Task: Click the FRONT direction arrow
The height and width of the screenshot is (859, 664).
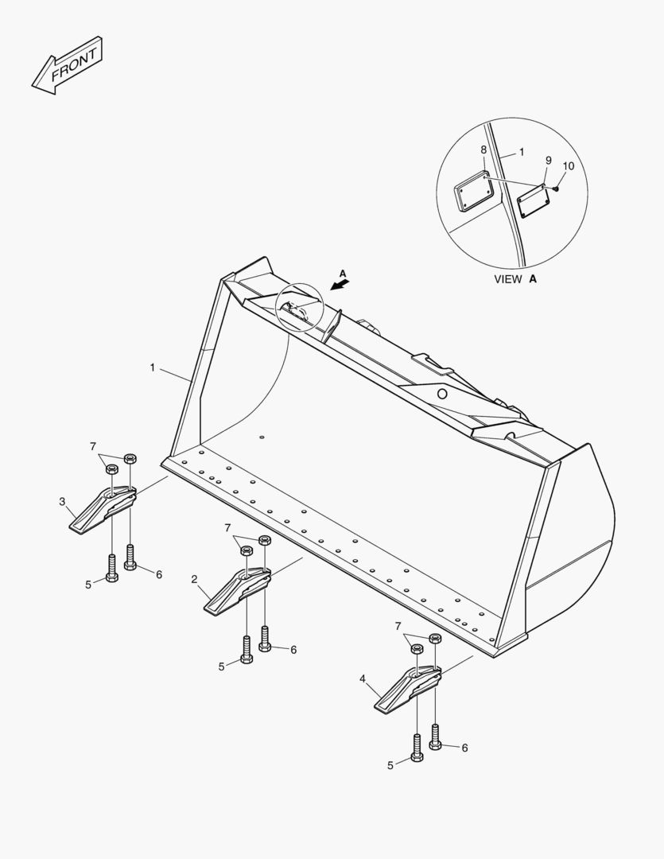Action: [x=67, y=66]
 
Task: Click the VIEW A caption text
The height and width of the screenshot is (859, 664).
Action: [x=515, y=279]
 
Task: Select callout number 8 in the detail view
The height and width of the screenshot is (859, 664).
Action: [x=483, y=150]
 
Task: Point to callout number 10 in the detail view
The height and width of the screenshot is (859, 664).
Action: [x=569, y=165]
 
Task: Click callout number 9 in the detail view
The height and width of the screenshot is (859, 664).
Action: [x=549, y=160]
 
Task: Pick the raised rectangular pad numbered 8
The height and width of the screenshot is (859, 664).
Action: [x=475, y=190]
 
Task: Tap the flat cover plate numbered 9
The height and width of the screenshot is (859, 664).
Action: [x=533, y=201]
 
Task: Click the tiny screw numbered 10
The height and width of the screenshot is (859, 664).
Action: [x=556, y=189]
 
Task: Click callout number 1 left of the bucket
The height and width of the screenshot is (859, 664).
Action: [x=153, y=367]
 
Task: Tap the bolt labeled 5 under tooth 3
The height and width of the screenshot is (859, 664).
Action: [x=112, y=568]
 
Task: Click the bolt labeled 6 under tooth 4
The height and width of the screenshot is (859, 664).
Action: [x=436, y=737]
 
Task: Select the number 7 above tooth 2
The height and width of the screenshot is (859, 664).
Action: [x=227, y=527]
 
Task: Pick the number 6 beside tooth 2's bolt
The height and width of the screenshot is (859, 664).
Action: [x=293, y=650]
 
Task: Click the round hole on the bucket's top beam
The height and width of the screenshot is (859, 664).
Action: [x=442, y=394]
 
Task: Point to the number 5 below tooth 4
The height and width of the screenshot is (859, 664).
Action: [x=390, y=766]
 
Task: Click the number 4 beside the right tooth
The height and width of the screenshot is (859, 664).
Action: [x=362, y=679]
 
